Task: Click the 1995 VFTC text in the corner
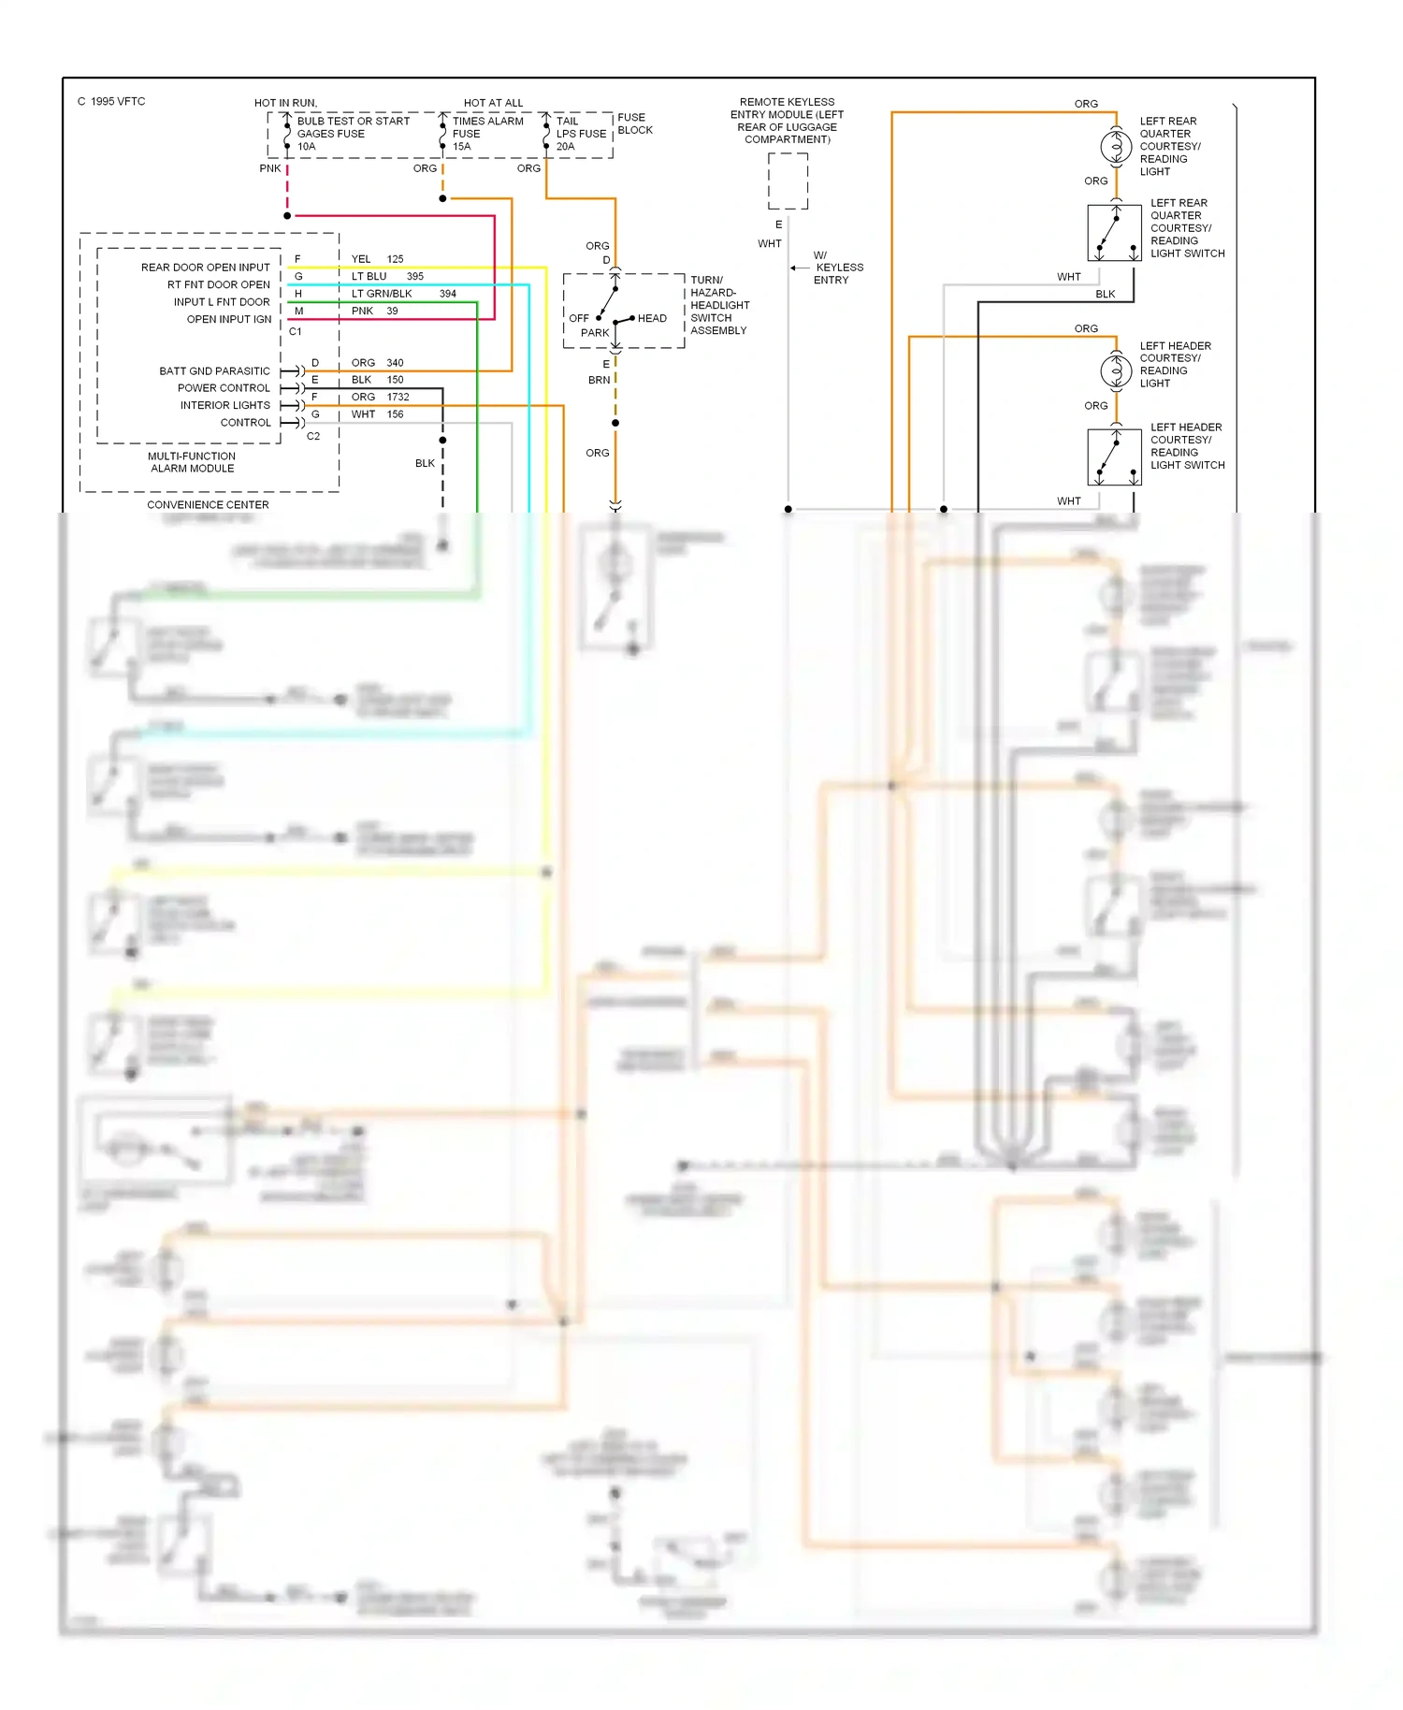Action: pos(111,102)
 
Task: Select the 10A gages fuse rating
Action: pos(306,147)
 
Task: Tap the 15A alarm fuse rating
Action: pos(461,147)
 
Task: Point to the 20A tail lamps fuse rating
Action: pos(565,147)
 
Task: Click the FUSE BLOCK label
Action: pos(634,123)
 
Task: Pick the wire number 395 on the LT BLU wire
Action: pos(415,277)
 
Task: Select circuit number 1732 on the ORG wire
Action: pos(398,398)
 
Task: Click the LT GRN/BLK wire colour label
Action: pos(382,294)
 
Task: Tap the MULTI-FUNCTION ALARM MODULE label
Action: pos(192,462)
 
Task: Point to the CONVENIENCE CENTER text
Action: pos(208,505)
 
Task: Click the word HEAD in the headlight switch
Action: pos(652,319)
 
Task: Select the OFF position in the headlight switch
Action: pos(579,319)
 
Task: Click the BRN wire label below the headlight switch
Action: pos(599,381)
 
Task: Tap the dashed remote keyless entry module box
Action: pos(788,181)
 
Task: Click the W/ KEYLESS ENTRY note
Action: pos(837,268)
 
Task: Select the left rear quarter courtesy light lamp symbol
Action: pos(1116,147)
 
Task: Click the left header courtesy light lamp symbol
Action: pos(1116,371)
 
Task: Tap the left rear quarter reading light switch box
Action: pos(1114,233)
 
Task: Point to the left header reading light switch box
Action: pos(1114,456)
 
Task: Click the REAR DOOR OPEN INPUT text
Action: pos(205,268)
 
